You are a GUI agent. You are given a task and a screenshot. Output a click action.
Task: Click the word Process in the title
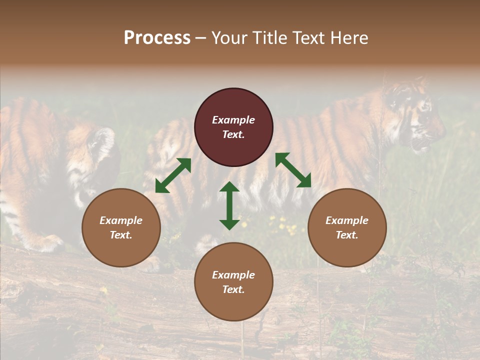pos(157,38)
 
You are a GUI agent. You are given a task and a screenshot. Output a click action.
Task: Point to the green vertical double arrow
pos(229,205)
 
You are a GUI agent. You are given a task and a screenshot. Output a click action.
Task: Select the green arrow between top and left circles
pos(173,175)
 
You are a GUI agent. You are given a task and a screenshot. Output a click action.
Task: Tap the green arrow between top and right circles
pos(293,170)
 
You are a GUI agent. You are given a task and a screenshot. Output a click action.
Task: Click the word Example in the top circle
pos(233,120)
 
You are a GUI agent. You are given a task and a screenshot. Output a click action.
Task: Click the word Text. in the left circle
pos(121,235)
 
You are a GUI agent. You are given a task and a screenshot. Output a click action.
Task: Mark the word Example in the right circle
pos(347,220)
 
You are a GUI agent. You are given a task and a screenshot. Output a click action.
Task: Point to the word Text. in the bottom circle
pos(233,289)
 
